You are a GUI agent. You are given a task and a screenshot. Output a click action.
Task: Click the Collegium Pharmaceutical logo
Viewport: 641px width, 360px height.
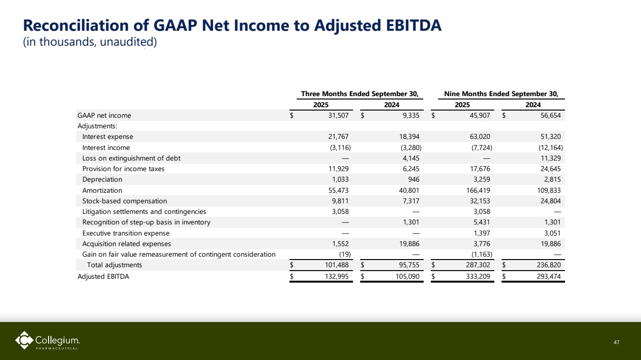point(48,341)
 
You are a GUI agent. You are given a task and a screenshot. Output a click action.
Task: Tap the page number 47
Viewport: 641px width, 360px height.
point(617,342)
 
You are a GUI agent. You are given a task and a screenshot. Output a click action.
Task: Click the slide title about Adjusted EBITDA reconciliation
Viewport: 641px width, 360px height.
point(232,25)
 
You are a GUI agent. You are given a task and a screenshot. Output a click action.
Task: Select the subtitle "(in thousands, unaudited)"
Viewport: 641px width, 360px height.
point(90,42)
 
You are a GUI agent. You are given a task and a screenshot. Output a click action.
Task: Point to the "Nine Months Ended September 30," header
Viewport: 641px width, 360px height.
point(502,94)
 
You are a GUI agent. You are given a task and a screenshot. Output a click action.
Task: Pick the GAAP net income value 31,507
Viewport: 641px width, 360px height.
point(339,115)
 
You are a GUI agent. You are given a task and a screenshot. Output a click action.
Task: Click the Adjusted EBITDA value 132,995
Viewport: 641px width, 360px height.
point(337,276)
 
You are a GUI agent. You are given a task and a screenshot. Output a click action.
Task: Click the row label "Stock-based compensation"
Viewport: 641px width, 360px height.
point(125,201)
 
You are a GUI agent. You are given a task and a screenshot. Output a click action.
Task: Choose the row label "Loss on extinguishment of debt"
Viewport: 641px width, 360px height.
point(131,158)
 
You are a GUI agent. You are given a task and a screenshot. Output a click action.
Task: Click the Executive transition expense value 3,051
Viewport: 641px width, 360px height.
point(551,233)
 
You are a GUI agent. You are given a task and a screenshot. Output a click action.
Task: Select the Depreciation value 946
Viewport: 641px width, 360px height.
point(414,179)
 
